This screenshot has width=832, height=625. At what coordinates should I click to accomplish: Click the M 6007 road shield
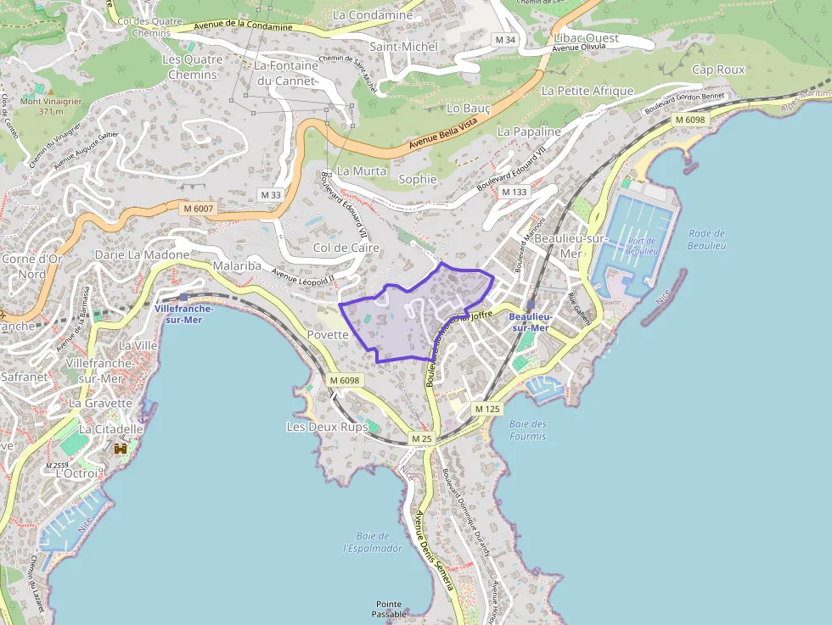click(x=198, y=208)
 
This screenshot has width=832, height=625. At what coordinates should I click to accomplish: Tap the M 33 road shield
click(x=270, y=195)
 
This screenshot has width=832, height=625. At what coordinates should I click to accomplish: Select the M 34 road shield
click(x=505, y=40)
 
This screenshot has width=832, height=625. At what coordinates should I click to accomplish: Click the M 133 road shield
click(x=514, y=192)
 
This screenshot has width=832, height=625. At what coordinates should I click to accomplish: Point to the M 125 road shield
click(x=487, y=409)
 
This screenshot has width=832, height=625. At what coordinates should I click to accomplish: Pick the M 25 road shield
click(x=422, y=438)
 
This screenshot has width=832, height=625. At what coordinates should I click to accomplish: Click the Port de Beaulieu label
click(x=642, y=246)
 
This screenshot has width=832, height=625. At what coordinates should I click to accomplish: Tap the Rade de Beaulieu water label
click(x=706, y=239)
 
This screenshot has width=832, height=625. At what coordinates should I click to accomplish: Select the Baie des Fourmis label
click(x=528, y=430)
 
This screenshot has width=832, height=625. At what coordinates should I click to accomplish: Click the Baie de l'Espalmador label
click(x=373, y=542)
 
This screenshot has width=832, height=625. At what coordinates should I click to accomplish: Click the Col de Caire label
click(x=346, y=248)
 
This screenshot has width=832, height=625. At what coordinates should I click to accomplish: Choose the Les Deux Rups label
click(x=327, y=427)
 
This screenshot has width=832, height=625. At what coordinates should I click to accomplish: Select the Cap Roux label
click(x=718, y=70)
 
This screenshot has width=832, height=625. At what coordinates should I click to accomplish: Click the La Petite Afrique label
click(x=587, y=91)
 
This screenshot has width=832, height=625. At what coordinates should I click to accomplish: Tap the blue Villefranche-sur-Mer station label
click(x=184, y=314)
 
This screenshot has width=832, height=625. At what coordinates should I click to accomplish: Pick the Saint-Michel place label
click(x=403, y=47)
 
